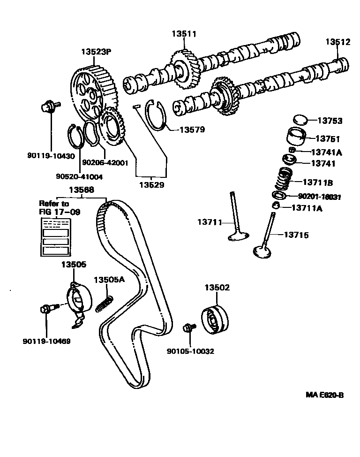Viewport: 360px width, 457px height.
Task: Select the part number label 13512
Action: coord(338,42)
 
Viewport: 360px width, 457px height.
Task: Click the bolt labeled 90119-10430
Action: coord(48,107)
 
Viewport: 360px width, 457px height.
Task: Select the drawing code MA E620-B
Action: coord(325,395)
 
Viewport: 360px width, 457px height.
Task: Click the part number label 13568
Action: coord(81,190)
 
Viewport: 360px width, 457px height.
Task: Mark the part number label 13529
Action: coord(151,184)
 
